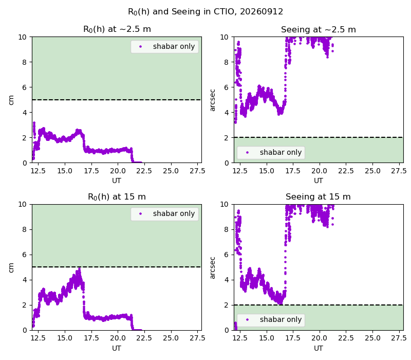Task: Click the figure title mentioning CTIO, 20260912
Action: [x=206, y=12]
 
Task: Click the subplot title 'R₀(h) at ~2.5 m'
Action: [x=117, y=29]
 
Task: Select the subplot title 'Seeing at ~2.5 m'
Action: [x=319, y=30]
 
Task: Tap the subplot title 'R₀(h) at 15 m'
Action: [x=117, y=197]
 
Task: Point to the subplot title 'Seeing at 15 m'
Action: [x=318, y=197]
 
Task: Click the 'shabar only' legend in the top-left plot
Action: [x=164, y=47]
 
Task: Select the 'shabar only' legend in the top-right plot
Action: [x=271, y=152]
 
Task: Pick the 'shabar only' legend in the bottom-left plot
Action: [x=164, y=214]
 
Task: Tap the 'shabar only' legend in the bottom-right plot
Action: [x=271, y=320]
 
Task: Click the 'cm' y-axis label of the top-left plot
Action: [x=11, y=100]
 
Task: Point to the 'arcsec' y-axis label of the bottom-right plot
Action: [x=213, y=267]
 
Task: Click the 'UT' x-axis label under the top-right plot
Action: [x=319, y=181]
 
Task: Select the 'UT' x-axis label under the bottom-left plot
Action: [x=117, y=348]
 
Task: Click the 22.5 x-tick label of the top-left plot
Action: [x=144, y=171]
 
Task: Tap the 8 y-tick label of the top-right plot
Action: [x=226, y=62]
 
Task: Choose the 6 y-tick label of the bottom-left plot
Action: [x=24, y=255]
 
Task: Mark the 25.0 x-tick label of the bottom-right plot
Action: [x=372, y=338]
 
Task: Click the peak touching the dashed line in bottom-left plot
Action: [x=80, y=268]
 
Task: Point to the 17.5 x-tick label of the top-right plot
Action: [x=293, y=171]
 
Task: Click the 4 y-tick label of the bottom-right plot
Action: [x=226, y=280]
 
